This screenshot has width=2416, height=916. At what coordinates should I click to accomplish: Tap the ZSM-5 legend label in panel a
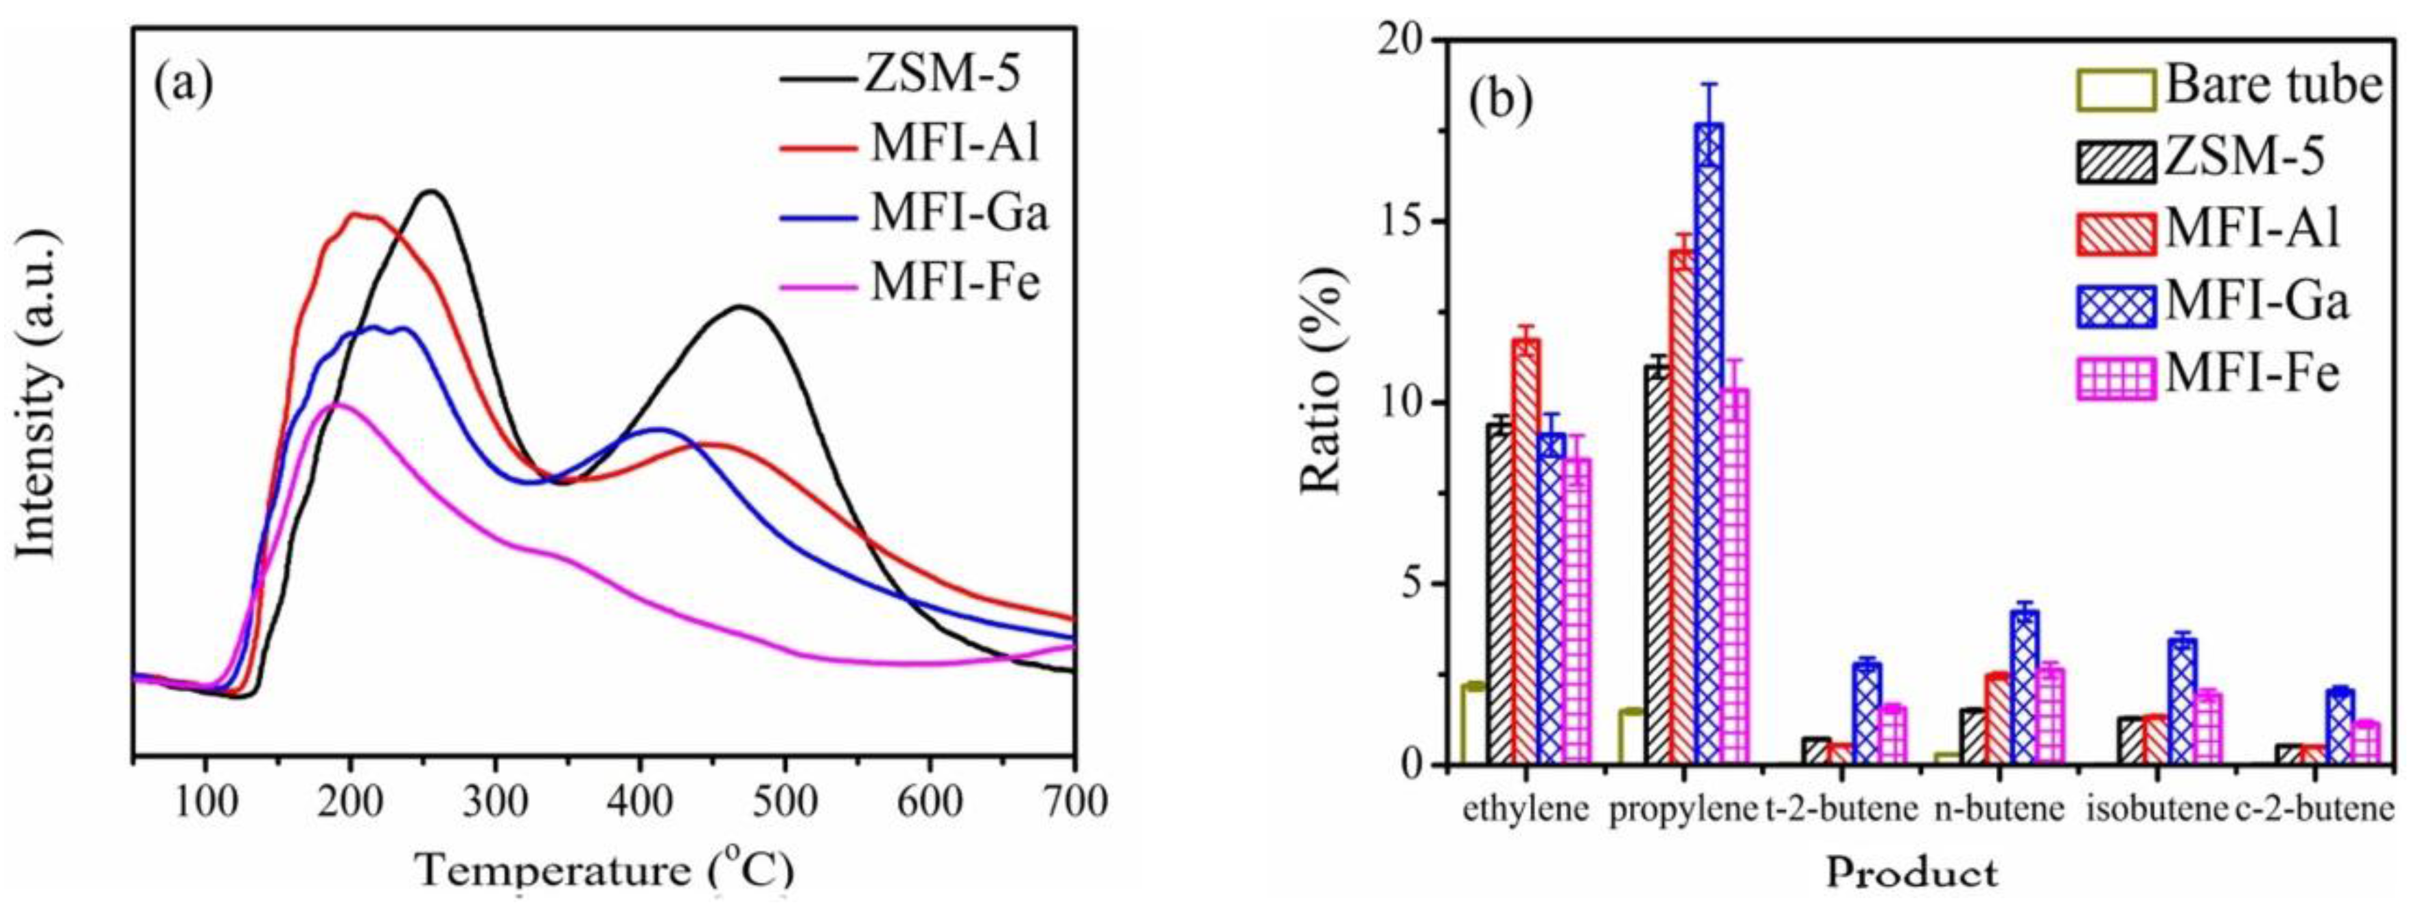[x=941, y=74]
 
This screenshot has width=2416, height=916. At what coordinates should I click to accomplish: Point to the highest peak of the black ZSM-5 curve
[x=430, y=192]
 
